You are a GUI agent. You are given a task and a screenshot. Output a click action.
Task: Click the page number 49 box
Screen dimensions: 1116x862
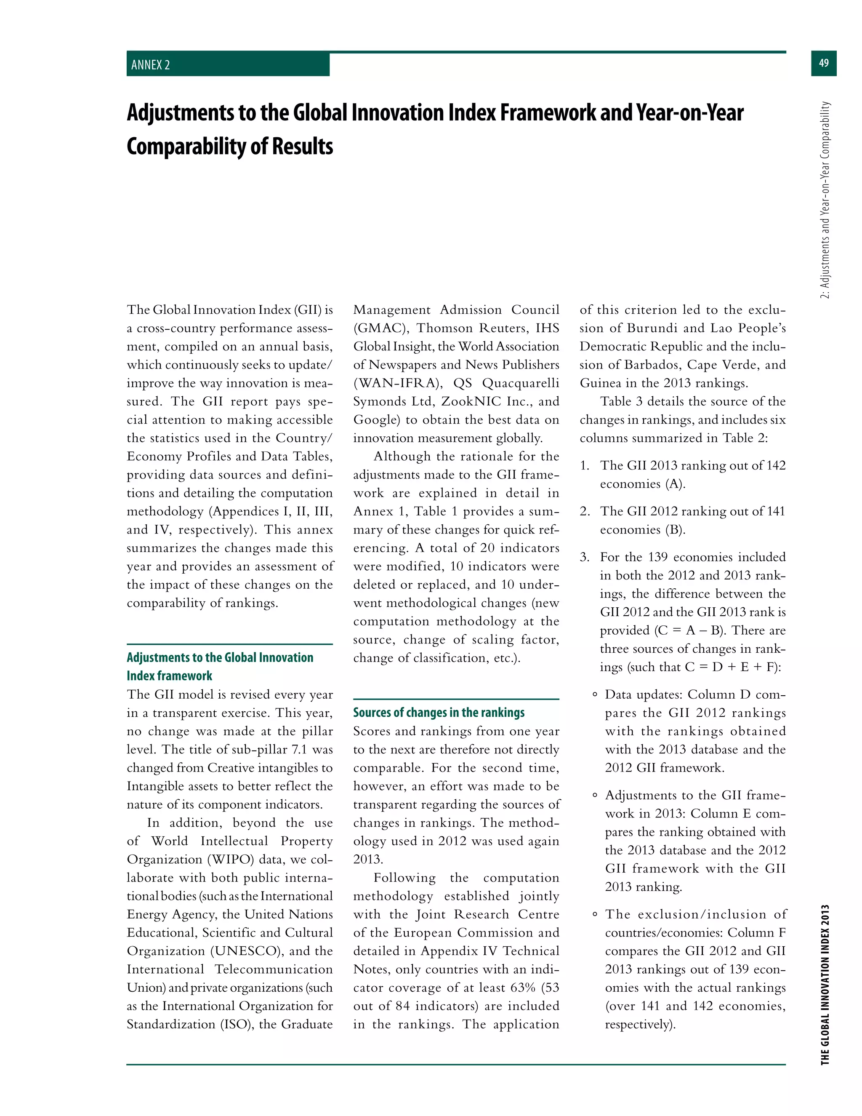[x=823, y=63]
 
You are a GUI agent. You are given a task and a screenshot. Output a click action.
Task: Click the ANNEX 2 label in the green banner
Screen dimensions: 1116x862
[x=151, y=65]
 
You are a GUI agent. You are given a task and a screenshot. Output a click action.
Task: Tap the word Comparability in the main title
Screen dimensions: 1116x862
[x=186, y=147]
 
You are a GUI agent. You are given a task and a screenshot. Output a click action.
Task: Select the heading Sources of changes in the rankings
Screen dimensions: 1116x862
[x=439, y=712]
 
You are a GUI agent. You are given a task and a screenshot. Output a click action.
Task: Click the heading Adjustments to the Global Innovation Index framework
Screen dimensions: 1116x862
[x=220, y=666]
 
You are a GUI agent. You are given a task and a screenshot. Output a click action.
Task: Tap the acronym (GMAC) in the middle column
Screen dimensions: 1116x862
[x=380, y=328]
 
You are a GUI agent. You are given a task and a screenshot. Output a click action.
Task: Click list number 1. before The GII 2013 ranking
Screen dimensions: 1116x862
[x=585, y=465]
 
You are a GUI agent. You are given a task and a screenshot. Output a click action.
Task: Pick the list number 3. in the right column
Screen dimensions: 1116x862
[x=585, y=557]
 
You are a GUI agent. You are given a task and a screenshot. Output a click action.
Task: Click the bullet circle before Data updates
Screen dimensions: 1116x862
[x=594, y=695]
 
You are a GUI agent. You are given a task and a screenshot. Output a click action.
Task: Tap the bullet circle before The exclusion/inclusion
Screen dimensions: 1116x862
[x=594, y=915]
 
